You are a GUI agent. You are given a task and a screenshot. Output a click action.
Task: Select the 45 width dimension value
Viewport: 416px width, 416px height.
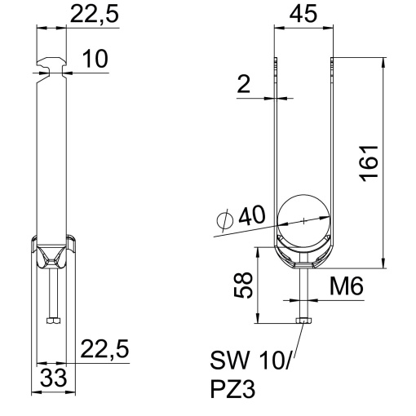[303, 16]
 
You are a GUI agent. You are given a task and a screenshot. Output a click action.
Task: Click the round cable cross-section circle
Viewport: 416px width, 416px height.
[303, 220]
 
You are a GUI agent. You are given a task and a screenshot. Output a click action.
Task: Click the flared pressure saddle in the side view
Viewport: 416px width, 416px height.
[51, 253]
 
